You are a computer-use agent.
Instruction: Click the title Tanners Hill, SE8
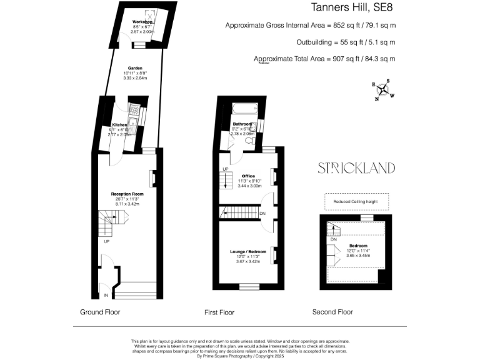click(x=353, y=8)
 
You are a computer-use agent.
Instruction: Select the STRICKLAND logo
click(x=356, y=167)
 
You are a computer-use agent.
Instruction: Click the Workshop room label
click(x=142, y=22)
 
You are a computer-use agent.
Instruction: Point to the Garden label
click(x=135, y=68)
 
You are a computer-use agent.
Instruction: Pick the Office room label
click(x=249, y=176)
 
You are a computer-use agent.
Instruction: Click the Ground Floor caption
click(x=100, y=311)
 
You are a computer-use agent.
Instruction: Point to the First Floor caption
click(x=219, y=311)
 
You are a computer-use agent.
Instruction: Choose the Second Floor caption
click(x=333, y=311)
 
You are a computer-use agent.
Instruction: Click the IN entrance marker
click(x=106, y=294)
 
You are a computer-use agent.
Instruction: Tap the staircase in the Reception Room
click(x=112, y=221)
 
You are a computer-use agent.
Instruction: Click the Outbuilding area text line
click(x=346, y=42)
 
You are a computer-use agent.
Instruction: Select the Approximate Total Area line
click(x=324, y=59)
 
